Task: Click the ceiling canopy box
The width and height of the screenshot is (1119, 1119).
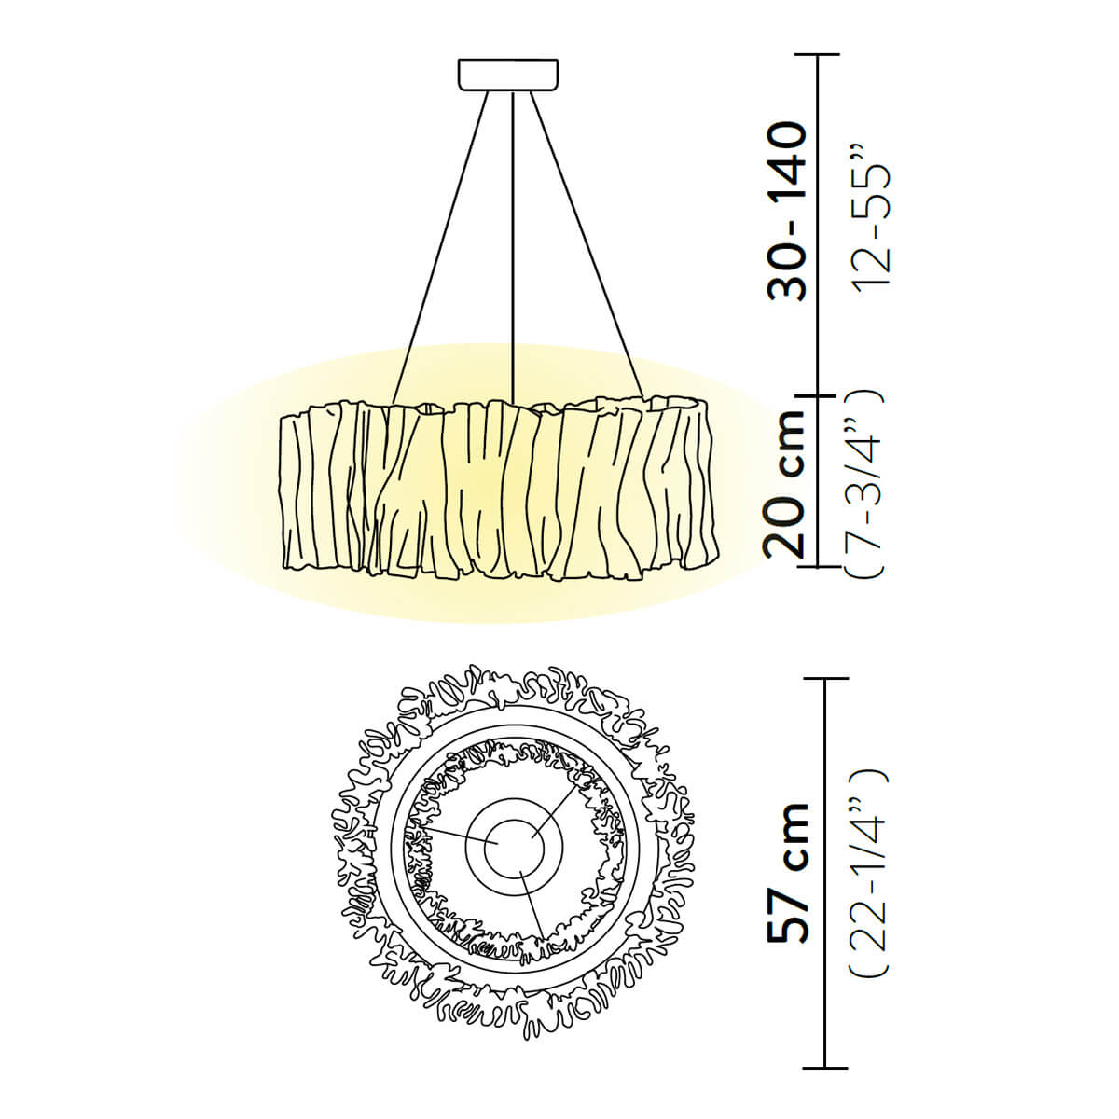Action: [x=508, y=75]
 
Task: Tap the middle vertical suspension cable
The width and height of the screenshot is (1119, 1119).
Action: [x=513, y=245]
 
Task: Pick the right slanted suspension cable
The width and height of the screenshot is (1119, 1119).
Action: [x=587, y=245]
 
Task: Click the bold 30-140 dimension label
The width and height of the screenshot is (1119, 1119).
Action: [x=787, y=212]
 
